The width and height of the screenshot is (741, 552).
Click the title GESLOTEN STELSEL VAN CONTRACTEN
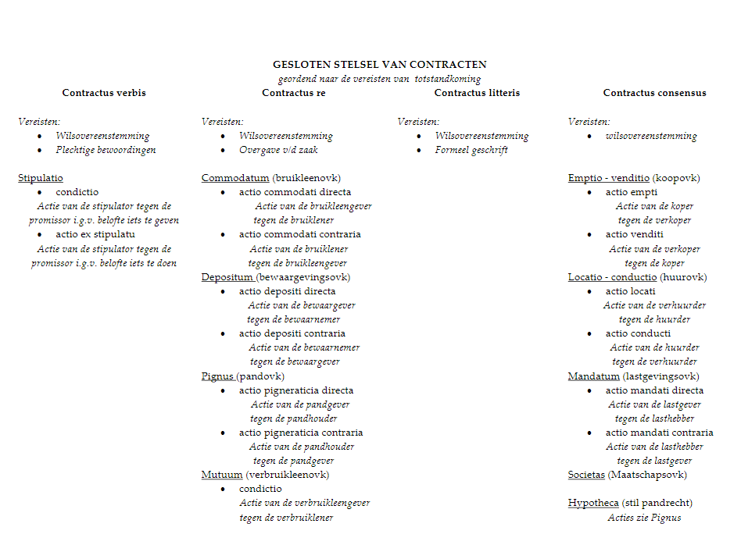(x=379, y=65)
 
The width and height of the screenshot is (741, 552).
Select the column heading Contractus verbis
(x=104, y=93)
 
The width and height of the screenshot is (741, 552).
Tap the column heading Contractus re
(x=293, y=93)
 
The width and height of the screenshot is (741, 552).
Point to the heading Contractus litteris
(x=477, y=93)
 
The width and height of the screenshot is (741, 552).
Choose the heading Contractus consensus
(x=654, y=93)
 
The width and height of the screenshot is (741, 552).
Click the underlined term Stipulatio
(x=41, y=178)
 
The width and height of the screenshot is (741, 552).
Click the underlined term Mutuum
(x=222, y=475)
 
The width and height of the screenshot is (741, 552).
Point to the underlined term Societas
(x=586, y=475)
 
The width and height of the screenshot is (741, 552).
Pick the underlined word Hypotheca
(x=593, y=503)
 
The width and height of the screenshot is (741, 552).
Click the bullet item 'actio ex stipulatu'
(x=95, y=234)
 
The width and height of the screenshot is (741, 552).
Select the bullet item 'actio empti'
(x=632, y=192)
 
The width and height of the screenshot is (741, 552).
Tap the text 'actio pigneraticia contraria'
(x=301, y=433)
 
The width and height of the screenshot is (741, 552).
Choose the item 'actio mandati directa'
(x=654, y=390)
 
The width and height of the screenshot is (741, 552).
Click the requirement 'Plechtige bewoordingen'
(x=106, y=150)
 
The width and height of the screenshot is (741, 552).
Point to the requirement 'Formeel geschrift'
(x=471, y=150)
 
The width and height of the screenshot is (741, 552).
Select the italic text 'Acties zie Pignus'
(x=644, y=517)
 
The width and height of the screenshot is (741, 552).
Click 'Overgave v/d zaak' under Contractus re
(x=279, y=150)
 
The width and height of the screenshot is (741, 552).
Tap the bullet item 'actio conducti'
(x=638, y=333)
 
